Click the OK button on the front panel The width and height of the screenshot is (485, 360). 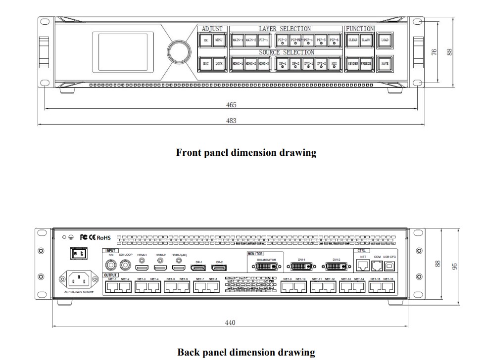(206, 40)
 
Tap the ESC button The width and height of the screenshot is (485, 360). (206, 63)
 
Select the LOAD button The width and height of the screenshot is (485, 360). (385, 40)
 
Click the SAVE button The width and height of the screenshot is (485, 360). (385, 63)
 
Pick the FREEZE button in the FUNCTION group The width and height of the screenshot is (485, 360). (366, 63)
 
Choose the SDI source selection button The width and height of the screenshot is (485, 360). (334, 64)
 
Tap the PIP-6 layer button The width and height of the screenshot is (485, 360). (334, 40)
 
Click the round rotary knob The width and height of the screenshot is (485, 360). (179, 51)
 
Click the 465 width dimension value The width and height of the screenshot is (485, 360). (231, 105)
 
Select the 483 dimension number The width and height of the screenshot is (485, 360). (231, 121)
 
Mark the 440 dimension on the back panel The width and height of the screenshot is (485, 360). (230, 323)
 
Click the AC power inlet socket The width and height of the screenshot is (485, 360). (79, 280)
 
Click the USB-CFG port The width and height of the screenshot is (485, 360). (389, 266)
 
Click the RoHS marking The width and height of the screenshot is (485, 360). (104, 238)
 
